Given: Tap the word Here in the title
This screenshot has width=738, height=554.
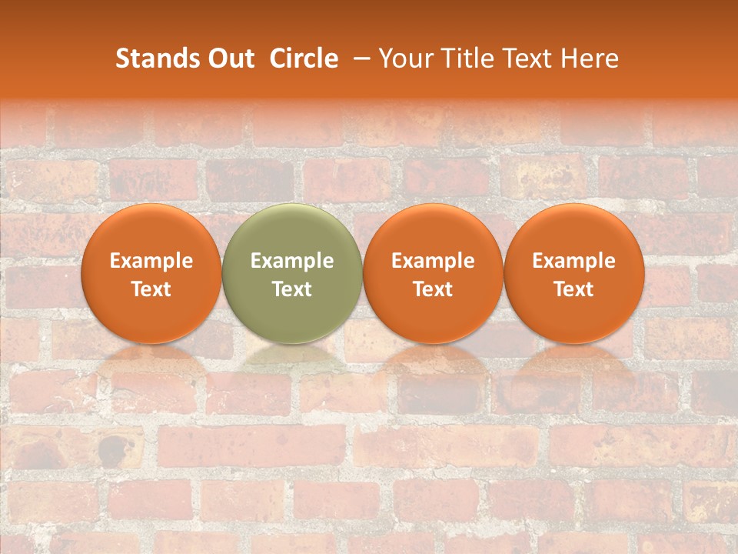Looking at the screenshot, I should pos(589,58).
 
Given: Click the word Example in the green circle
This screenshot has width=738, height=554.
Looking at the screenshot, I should pos(292,261).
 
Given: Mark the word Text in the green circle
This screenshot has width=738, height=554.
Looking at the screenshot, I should pos(292,289).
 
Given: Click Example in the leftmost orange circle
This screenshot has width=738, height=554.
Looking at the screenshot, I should pos(151,261).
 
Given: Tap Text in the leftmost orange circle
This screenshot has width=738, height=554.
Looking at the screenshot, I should pos(151,289).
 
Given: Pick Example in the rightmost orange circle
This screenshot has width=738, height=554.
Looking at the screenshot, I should pos(573,261).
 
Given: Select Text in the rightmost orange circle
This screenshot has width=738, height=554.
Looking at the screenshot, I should pos(573,289).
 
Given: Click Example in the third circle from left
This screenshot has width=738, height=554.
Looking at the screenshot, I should pos(433,261).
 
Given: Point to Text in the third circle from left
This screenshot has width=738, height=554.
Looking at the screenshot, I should pos(433,289).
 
